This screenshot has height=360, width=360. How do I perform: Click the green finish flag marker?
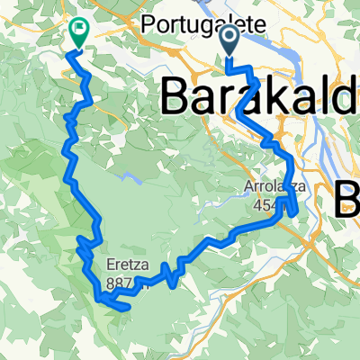point(77,33)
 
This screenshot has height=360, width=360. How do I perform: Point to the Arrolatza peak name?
point(269,187)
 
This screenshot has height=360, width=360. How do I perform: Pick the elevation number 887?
point(120,283)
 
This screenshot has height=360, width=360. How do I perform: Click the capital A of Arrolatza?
point(247,187)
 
